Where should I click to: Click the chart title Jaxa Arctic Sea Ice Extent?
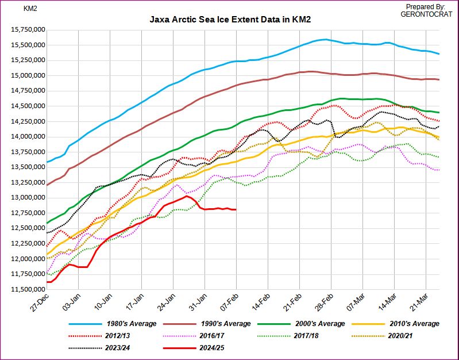(230, 19)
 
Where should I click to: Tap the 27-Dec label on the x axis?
(41, 304)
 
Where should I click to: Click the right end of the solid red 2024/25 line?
(236, 210)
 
